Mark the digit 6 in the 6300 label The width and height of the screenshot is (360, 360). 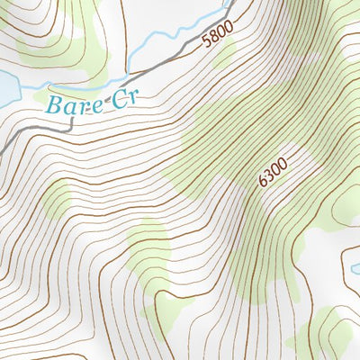coord(263,182)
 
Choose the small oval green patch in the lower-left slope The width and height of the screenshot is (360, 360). coord(56,200)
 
